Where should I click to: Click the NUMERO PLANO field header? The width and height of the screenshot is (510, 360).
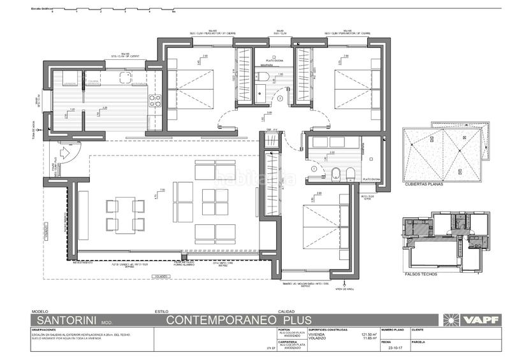click(391, 330)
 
